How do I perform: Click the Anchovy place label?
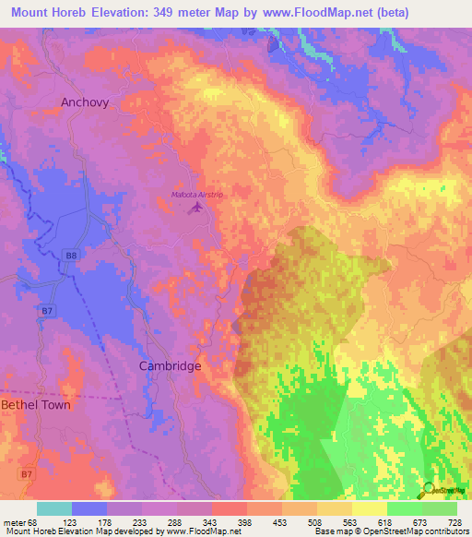click(x=86, y=102)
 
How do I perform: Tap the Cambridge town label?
click(x=170, y=365)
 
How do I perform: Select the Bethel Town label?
click(x=35, y=405)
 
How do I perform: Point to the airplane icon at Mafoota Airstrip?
click(x=195, y=209)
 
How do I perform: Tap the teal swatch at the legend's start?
click(x=54, y=508)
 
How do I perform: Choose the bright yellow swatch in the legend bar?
click(x=370, y=508)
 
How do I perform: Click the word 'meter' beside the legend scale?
click(x=12, y=522)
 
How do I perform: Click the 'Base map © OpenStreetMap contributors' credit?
click(x=388, y=531)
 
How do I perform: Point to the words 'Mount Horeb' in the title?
click(x=44, y=12)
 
